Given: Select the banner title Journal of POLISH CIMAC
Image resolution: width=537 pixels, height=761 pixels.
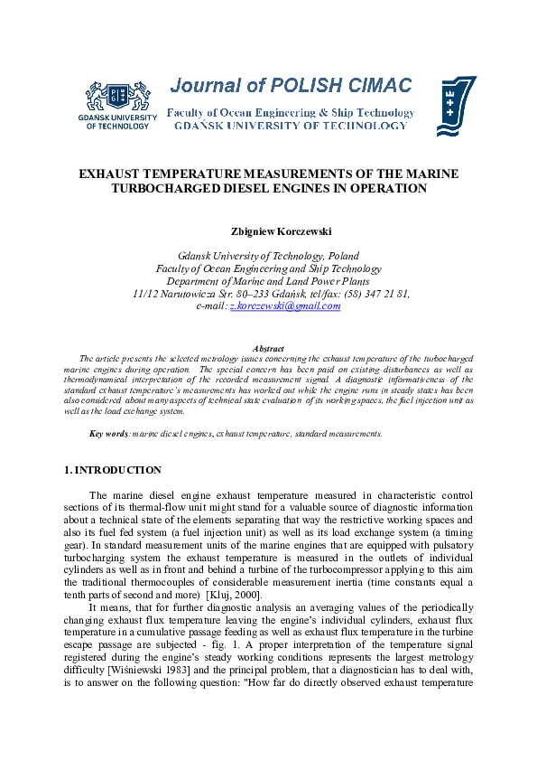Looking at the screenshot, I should click(x=291, y=86).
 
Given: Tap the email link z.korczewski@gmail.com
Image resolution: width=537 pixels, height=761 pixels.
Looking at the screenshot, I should click(x=285, y=306).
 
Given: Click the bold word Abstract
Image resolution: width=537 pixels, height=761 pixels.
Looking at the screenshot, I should click(x=268, y=348).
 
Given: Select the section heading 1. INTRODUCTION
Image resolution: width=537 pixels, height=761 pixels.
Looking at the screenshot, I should click(x=113, y=470).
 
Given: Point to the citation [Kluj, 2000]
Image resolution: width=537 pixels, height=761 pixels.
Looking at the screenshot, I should click(x=234, y=597).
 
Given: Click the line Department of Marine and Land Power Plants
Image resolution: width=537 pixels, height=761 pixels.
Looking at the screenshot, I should click(x=268, y=281).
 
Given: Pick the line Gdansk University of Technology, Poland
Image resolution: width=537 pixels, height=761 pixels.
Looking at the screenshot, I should click(x=268, y=256).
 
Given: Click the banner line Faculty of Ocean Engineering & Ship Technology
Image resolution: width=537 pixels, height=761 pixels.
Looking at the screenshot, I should click(x=291, y=113).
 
